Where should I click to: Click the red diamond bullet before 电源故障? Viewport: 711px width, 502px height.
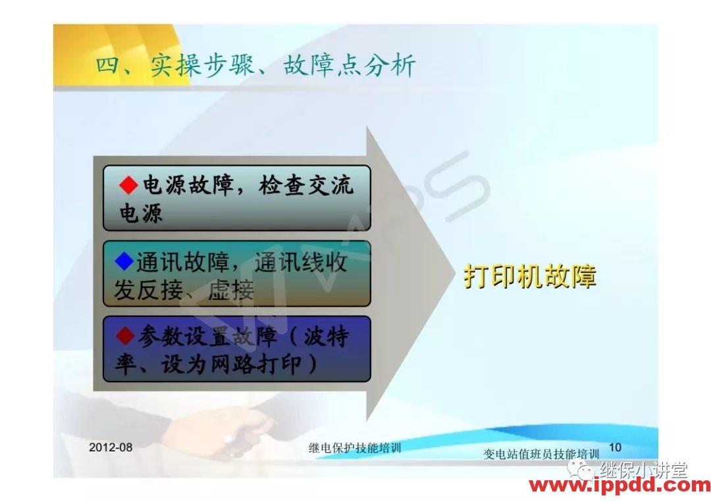coord(128,186)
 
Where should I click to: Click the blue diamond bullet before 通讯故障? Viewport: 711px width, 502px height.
coord(124,262)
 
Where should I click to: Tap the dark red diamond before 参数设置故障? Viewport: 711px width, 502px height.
coord(125,337)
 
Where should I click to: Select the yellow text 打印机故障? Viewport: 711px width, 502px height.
coord(529,276)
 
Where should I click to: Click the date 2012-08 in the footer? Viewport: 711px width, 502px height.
coord(111,447)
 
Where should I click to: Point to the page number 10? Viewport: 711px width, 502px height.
coord(615,447)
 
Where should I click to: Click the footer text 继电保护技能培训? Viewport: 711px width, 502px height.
coord(355,448)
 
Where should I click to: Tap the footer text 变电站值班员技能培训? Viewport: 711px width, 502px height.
coord(541,454)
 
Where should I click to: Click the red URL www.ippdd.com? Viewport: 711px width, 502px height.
coord(619,486)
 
